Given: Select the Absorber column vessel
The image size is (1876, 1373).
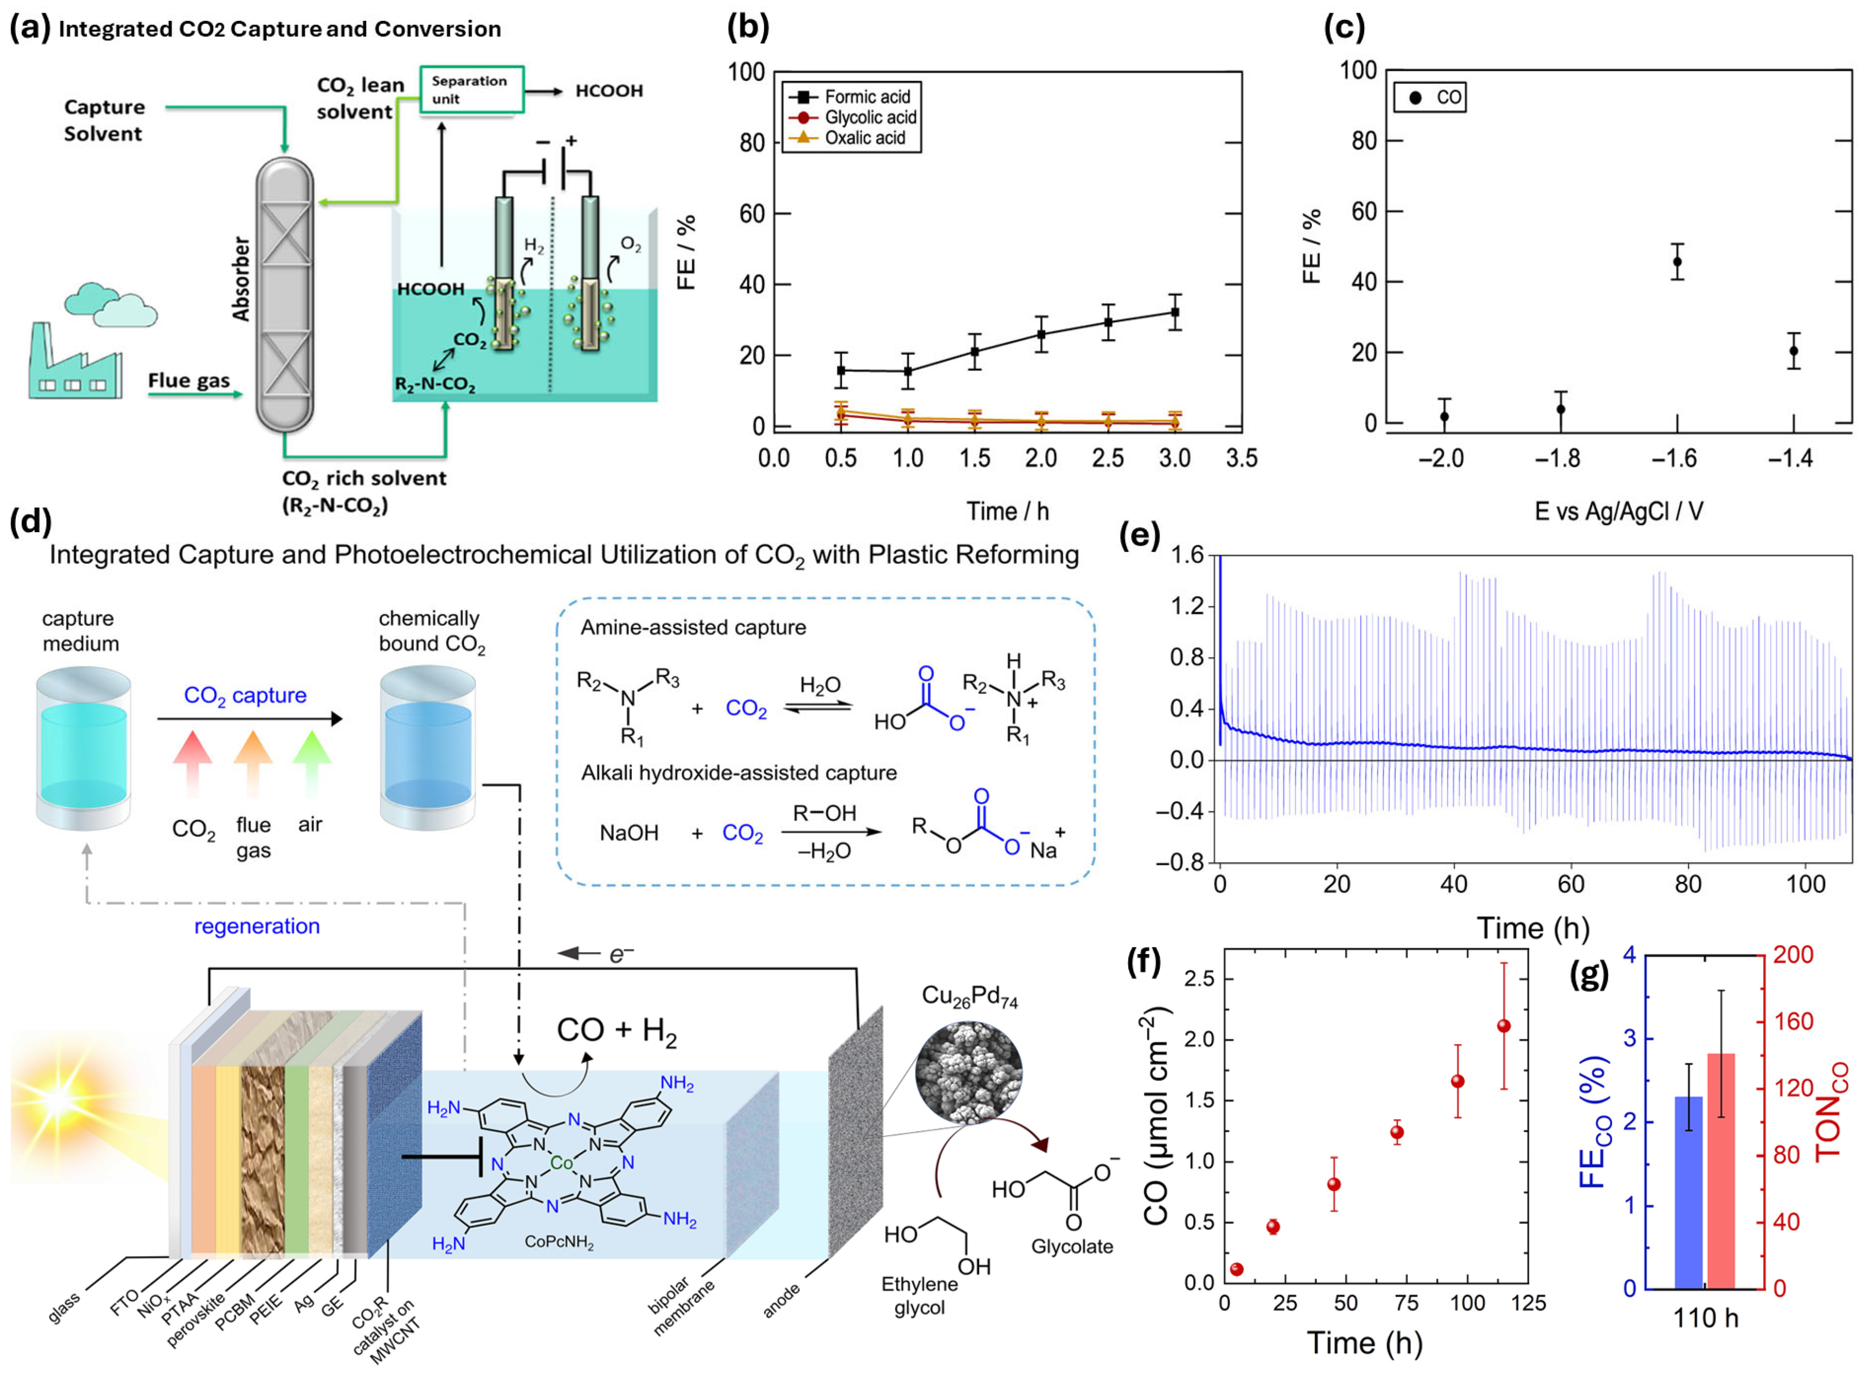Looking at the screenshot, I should click(284, 295).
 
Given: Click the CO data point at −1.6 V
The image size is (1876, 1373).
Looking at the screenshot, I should click(1677, 262).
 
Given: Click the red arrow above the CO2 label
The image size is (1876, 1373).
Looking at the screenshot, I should click(192, 760).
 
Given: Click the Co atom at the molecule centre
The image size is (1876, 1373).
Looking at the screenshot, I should click(562, 1163).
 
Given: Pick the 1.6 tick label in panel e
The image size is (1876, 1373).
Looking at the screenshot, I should click(1187, 555).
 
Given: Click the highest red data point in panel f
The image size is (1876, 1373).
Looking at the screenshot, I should click(1504, 1026).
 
